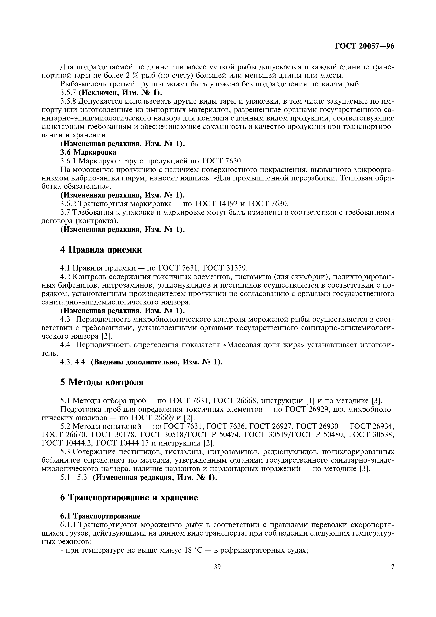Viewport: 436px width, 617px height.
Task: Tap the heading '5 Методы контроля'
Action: [102, 382]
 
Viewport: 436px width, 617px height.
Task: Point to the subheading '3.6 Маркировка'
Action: [88, 152]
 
